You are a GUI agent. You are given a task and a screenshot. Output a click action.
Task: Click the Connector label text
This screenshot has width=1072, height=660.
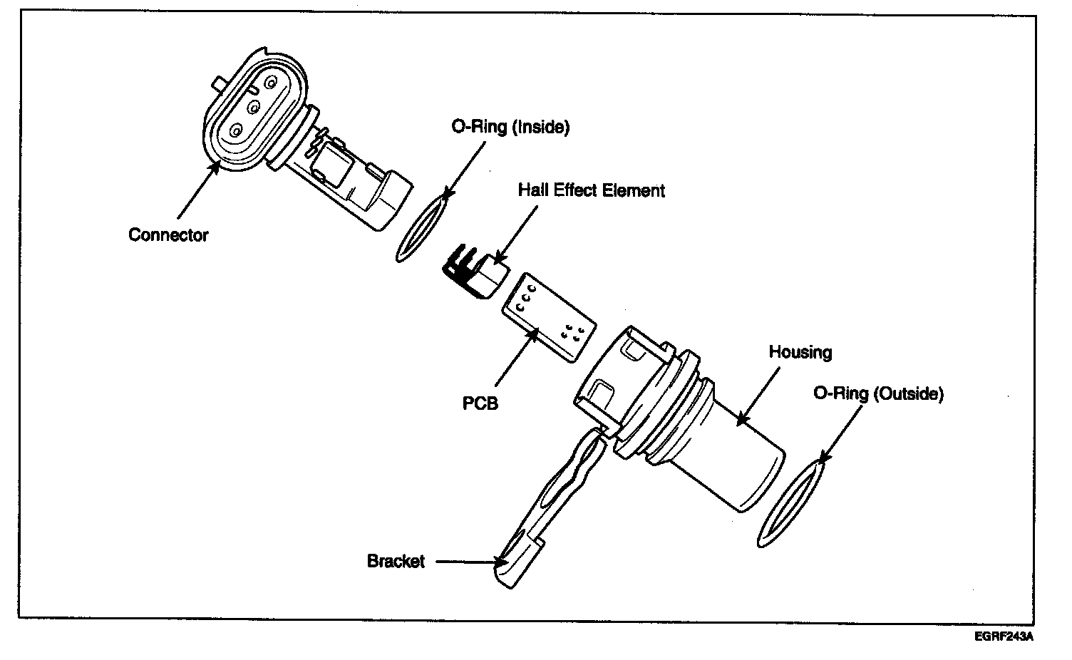tap(168, 235)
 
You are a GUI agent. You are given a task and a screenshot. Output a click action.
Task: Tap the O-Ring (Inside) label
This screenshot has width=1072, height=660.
tap(510, 128)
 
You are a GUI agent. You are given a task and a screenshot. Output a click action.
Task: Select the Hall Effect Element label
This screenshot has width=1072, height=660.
tap(591, 190)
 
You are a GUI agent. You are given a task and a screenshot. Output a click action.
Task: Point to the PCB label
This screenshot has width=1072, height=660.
tap(480, 403)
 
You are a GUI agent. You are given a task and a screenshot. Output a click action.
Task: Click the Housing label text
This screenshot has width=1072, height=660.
tap(800, 352)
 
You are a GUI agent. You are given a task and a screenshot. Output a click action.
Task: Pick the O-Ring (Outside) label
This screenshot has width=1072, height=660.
tap(878, 393)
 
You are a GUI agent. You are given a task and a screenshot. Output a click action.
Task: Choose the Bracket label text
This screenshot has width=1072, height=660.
tap(396, 561)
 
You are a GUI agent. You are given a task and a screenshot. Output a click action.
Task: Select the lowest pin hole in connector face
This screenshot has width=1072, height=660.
tap(235, 130)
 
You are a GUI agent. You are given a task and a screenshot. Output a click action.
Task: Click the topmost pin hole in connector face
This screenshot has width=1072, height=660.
tap(270, 83)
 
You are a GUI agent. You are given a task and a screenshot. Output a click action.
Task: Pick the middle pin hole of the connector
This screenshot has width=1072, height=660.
tap(252, 107)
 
